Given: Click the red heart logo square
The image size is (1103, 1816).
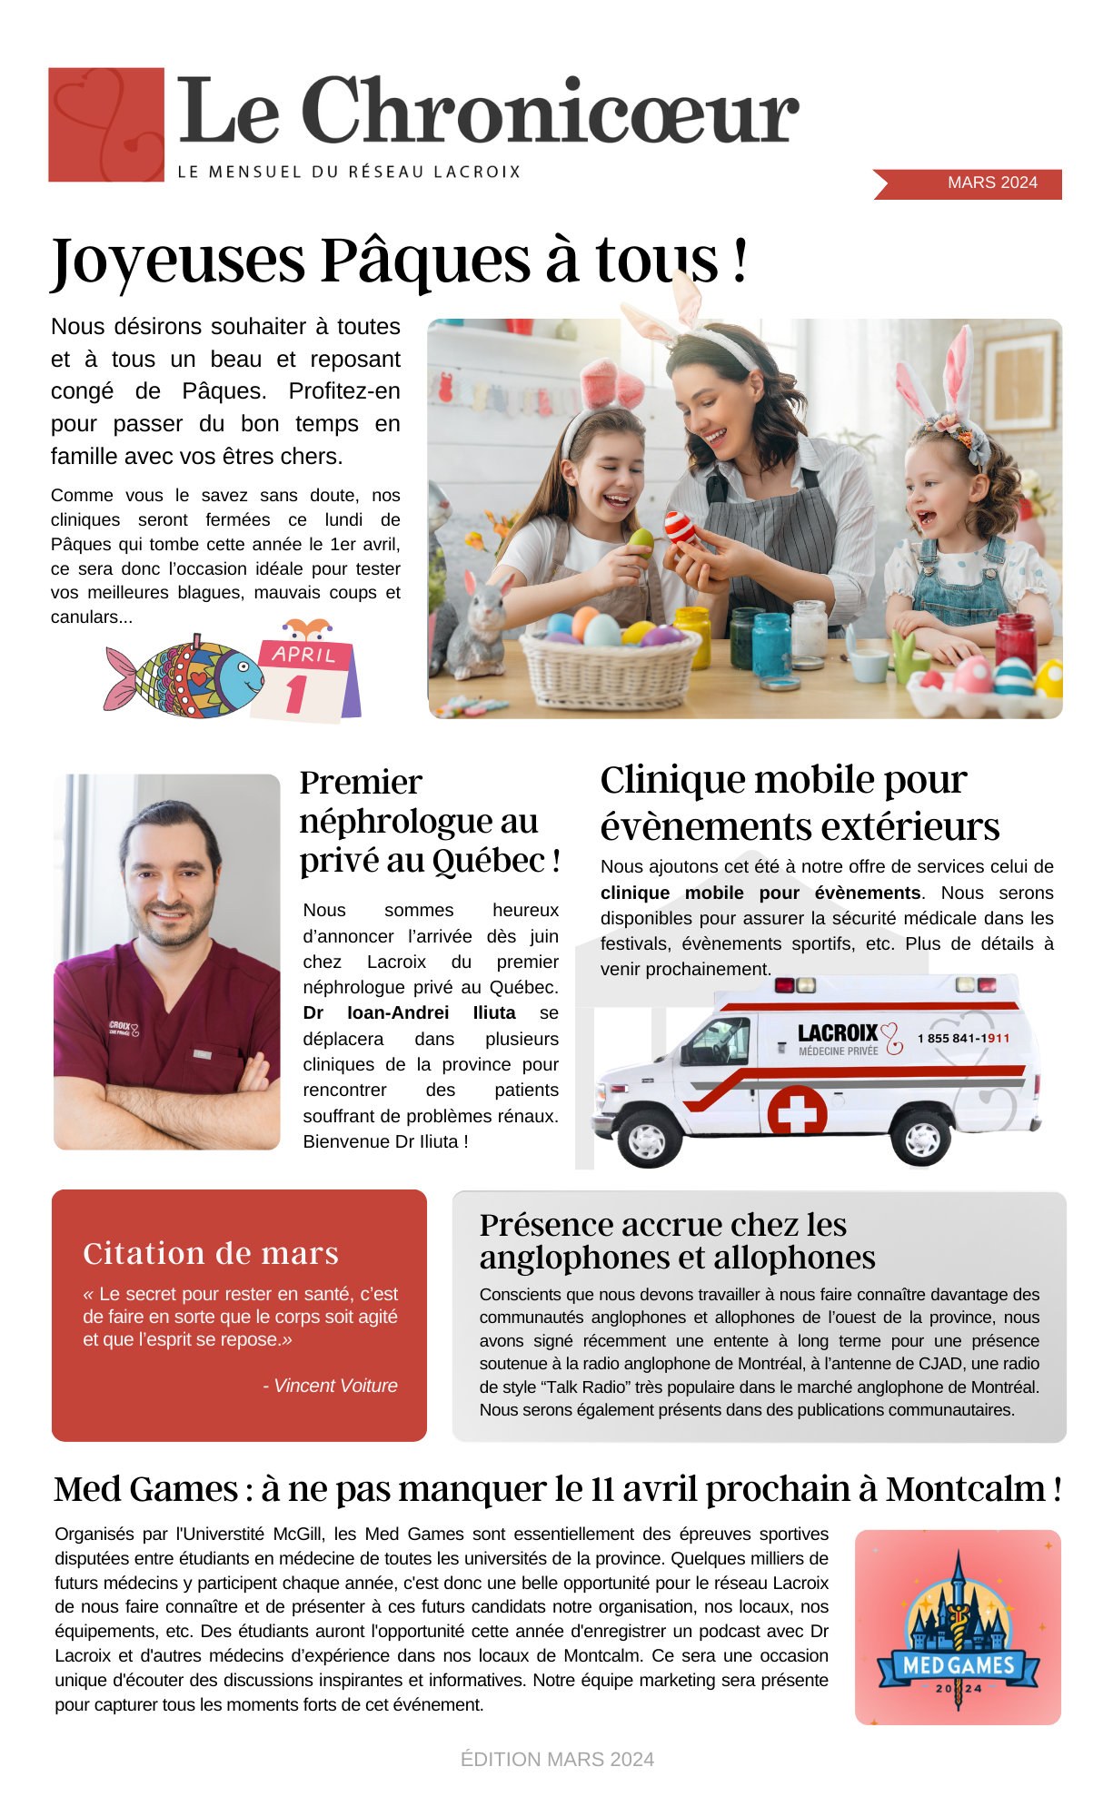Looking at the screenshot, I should point(106,124).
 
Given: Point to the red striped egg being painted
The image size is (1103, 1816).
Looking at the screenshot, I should point(681,528).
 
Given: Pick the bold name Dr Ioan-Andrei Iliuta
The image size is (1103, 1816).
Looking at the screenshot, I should point(410,1013).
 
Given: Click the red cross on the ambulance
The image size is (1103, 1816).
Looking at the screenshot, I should point(797,1110).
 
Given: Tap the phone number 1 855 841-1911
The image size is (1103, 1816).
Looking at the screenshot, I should point(963,1039).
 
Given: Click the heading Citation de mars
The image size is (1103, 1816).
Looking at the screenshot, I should point(211,1253).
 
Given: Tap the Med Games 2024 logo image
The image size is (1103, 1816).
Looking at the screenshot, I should point(958,1627).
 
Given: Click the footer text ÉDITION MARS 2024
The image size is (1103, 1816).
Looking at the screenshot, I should point(557,1760).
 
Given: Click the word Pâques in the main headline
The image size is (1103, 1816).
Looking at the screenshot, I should point(425,260).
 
